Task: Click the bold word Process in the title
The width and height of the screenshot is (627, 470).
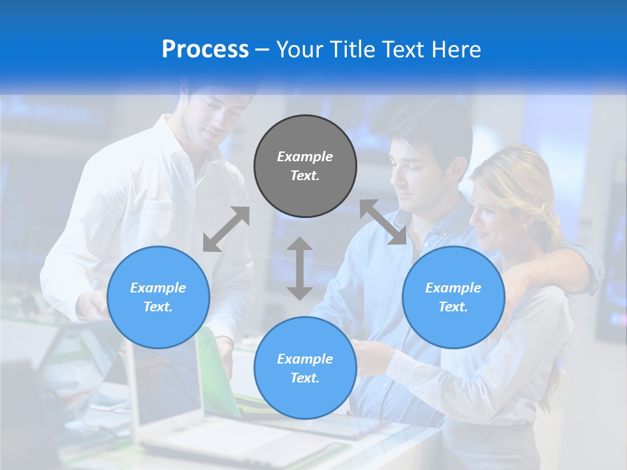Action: pyautogui.click(x=205, y=50)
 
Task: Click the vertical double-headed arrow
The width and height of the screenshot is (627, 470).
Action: pyautogui.click(x=300, y=268)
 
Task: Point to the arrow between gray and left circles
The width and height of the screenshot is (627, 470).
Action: pyautogui.click(x=226, y=229)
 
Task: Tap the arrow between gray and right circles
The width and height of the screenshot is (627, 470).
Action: pyautogui.click(x=383, y=223)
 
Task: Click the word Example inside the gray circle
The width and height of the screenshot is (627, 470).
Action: pyautogui.click(x=305, y=157)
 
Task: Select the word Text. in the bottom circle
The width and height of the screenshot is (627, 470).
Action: pyautogui.click(x=305, y=378)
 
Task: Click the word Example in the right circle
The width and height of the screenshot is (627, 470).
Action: pyautogui.click(x=453, y=288)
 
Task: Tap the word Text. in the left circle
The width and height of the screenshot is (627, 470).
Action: pyautogui.click(x=158, y=307)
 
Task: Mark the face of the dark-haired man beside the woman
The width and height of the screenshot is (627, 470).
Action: pyautogui.click(x=418, y=173)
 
